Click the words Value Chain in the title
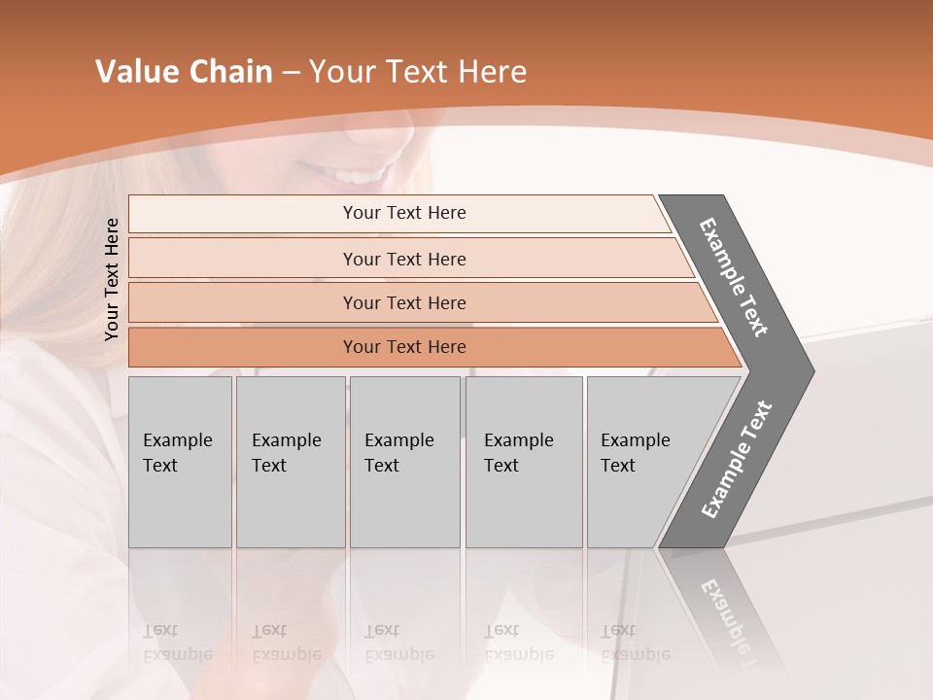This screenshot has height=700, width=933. tap(184, 72)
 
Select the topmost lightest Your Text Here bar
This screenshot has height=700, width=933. tap(403, 213)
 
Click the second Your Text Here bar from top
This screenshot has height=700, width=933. tap(403, 259)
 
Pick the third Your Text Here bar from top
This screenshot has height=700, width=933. tap(403, 302)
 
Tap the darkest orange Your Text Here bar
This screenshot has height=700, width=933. tap(403, 347)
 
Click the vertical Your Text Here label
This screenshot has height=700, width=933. tap(113, 279)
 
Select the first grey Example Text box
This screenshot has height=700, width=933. tap(180, 462)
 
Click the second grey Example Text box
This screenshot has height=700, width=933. tap(290, 462)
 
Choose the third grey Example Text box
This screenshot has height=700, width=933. tap(404, 462)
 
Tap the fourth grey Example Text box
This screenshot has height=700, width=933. tap(524, 462)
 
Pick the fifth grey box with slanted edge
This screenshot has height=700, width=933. tap(641, 462)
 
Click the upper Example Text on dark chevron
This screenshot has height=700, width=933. tap(734, 277)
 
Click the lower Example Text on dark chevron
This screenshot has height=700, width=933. tap(737, 459)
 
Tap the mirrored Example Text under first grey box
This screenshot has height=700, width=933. tap(177, 643)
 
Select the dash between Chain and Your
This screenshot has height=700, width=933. tap(291, 73)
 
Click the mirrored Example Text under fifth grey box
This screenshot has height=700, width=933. tap(636, 643)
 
